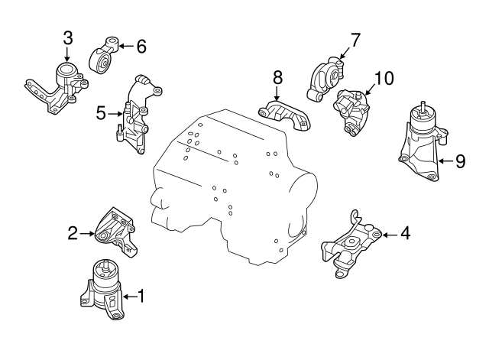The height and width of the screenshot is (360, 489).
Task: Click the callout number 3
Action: [68, 39]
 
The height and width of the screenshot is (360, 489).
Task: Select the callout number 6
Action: [141, 47]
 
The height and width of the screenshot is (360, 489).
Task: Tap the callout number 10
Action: [384, 78]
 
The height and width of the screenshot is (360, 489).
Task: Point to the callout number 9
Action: [460, 161]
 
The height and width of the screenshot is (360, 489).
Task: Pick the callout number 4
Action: [405, 233]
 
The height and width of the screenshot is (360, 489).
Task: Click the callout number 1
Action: [141, 296]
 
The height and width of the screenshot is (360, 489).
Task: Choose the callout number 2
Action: [73, 233]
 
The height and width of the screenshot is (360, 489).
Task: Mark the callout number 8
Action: [277, 77]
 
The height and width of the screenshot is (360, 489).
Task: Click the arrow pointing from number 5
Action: [115, 114]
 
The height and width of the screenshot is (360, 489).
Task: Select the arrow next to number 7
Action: [345, 53]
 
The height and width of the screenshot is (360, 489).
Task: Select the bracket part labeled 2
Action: [115, 231]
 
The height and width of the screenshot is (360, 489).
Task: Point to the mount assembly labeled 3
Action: [57, 89]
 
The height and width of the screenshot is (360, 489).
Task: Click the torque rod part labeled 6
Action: [105, 56]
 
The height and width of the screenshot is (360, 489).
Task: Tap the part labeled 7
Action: [325, 78]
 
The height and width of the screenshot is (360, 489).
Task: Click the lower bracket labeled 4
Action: [351, 245]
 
